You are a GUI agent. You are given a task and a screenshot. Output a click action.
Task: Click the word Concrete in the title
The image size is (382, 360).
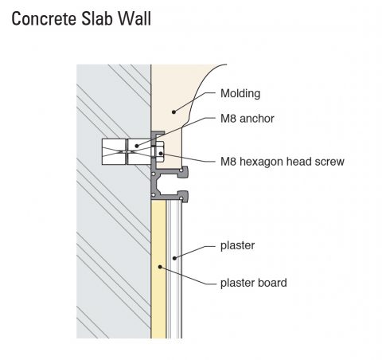tap(44, 18)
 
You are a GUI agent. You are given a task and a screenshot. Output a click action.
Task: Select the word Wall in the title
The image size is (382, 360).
tap(134, 18)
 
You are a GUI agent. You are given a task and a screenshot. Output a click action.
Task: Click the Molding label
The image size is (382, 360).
tap(240, 94)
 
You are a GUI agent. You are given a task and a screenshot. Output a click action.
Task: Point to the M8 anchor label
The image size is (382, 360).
tap(248, 119)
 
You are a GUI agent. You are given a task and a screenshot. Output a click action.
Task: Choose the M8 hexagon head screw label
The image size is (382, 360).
tap(283, 162)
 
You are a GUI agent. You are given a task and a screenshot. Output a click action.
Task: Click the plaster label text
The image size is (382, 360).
tap(238, 246)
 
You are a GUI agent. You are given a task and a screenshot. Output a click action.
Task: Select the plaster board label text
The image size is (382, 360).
tap(254, 283)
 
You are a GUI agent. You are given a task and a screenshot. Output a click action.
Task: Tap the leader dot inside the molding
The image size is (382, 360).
tap(173, 112)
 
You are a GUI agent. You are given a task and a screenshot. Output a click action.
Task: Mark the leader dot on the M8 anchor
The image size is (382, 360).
tap(137, 146)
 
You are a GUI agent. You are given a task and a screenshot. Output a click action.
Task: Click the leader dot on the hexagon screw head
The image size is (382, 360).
tap(161, 153)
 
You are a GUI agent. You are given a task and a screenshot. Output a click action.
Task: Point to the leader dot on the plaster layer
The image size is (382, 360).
tap(174, 258)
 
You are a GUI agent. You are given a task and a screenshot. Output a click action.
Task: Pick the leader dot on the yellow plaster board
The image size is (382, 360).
tap(160, 267)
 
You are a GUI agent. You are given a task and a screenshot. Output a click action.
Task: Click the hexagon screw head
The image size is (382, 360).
tap(159, 151)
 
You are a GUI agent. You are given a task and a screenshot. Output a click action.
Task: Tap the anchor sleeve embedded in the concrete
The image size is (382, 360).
tap(127, 151)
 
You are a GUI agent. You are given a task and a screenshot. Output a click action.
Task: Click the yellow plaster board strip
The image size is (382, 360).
tap(158, 269)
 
